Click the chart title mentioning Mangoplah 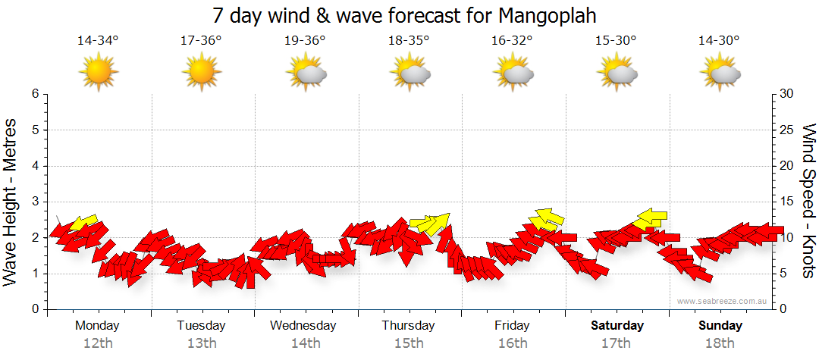click(x=409, y=16)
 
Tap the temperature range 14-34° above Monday click(x=98, y=40)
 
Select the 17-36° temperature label click(x=201, y=40)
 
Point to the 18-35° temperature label click(x=409, y=40)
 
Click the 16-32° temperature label click(x=512, y=40)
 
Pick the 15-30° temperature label click(x=616, y=40)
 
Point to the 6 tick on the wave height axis click(x=34, y=94)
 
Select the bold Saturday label click(x=617, y=326)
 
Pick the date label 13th click(x=202, y=343)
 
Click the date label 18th click(x=720, y=343)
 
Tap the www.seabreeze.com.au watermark click(x=723, y=301)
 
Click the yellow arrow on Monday click(x=83, y=223)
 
